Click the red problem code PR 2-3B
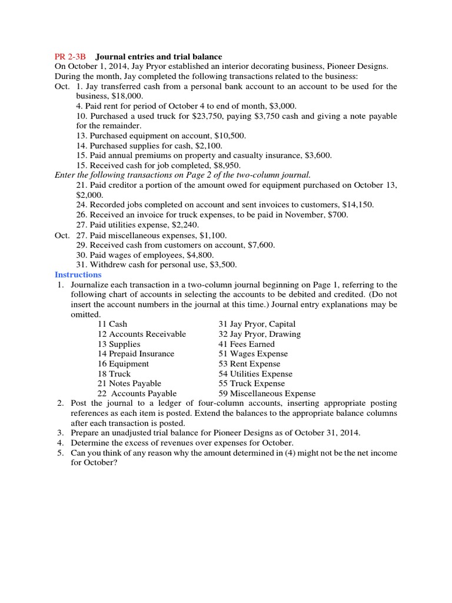click(70, 57)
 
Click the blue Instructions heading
click(78, 274)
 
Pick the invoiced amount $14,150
click(355, 205)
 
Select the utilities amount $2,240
click(184, 225)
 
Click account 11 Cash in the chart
click(112, 324)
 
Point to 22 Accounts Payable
click(137, 393)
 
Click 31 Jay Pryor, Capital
click(257, 324)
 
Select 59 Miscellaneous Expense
click(267, 393)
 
